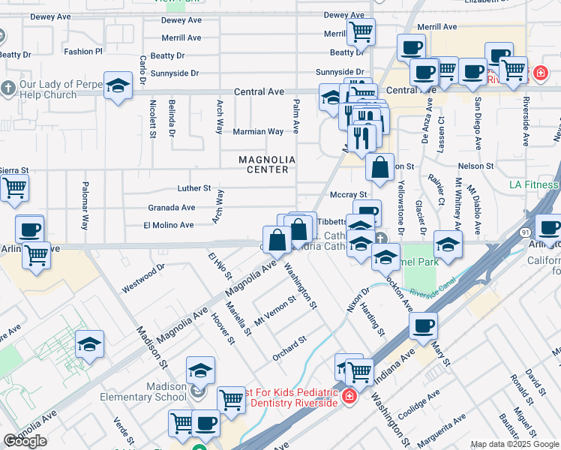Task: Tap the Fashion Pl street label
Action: coord(82,52)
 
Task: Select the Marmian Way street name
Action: coord(258,131)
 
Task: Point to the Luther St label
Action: coord(194,188)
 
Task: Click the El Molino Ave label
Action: coord(169,224)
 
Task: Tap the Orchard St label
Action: coord(289,348)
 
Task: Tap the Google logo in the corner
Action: coord(25,441)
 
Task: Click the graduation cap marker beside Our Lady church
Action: coord(118,86)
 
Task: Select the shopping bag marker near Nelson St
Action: coord(380,169)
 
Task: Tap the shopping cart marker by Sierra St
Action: coord(14,190)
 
